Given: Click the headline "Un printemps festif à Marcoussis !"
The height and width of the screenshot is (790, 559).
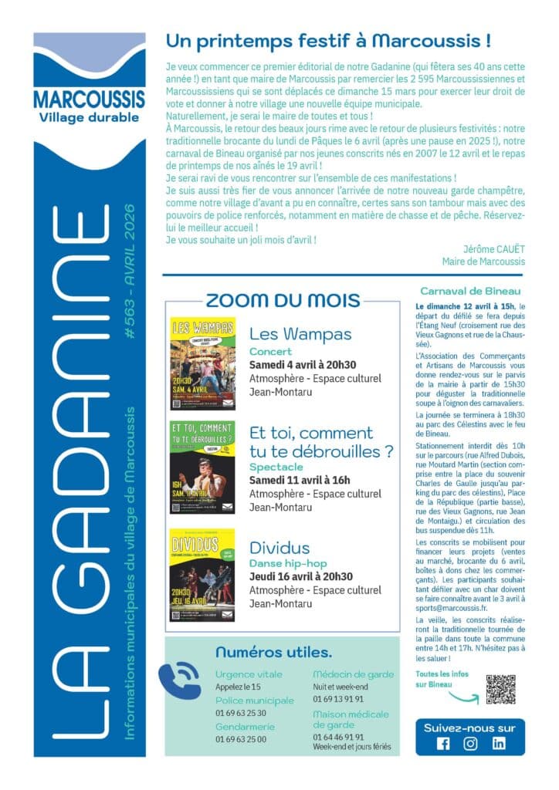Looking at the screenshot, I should coord(328,39).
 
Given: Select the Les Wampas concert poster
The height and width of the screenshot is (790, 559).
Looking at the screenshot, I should coord(202,363).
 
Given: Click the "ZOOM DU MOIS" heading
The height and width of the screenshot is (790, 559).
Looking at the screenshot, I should coord(283,300).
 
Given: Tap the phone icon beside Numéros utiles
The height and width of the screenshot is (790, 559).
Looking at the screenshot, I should coord(180,678).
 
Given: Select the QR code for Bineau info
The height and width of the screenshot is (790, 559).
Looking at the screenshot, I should coord(500,689).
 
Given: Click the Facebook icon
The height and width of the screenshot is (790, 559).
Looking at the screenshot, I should coord(443,744).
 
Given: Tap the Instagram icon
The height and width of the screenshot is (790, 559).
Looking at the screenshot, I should coord(470,744).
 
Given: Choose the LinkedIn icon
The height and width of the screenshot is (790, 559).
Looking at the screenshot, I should coord(498,744).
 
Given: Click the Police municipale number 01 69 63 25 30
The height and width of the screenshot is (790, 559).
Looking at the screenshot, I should coord(241,713).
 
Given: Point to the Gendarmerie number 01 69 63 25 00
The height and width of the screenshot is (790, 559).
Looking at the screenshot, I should coord(241,738).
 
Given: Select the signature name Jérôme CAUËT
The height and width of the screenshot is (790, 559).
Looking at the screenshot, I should coord(494,249).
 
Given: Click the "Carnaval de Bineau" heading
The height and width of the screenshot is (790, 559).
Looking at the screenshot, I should coord(470,291).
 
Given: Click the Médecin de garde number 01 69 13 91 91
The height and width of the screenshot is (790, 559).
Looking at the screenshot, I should coord(338,699).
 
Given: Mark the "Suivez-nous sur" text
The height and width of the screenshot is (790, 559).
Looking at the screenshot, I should coord(470,728).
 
